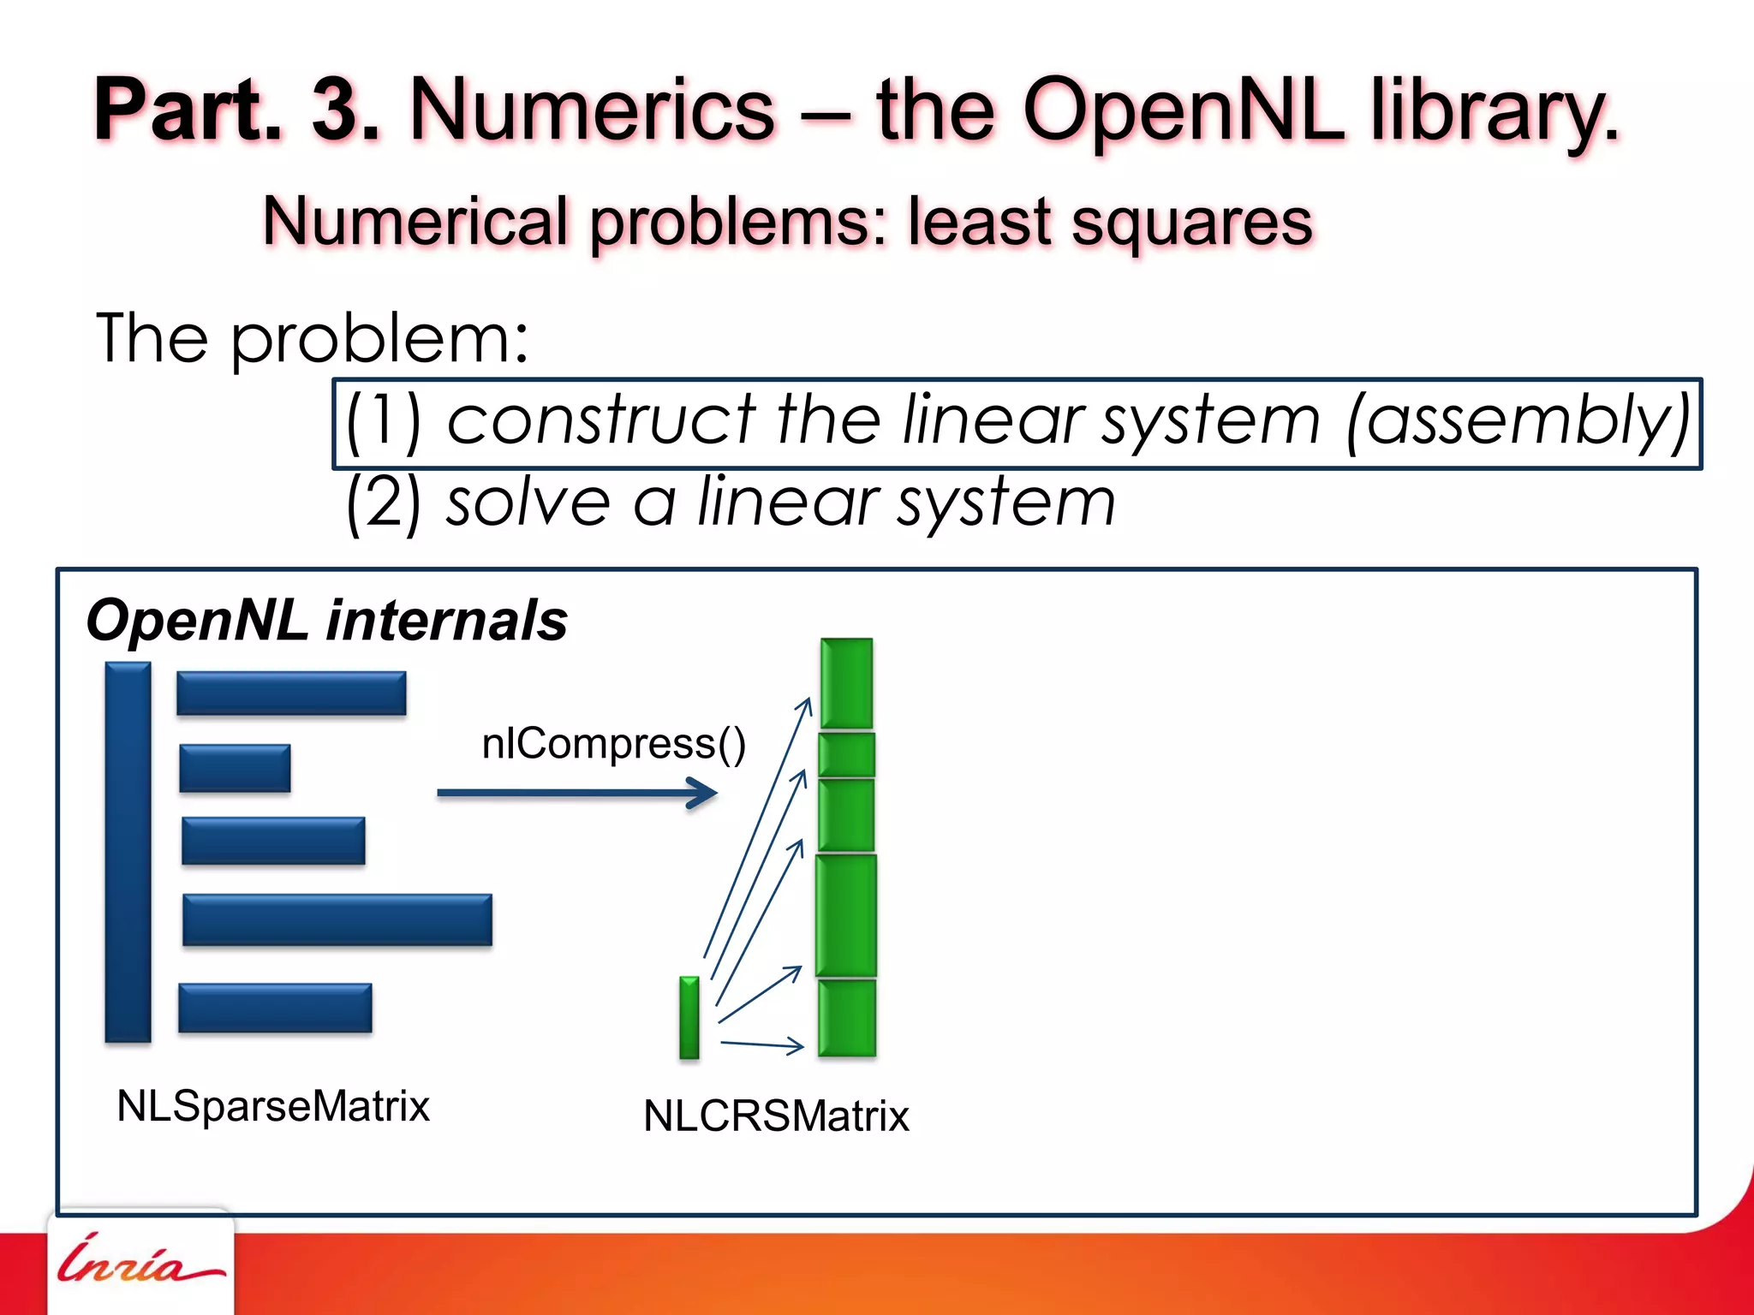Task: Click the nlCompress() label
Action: click(x=613, y=743)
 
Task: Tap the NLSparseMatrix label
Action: click(x=272, y=1105)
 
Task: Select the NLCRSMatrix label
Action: click(x=775, y=1116)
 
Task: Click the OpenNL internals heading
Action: click(x=326, y=620)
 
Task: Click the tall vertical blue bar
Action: click(x=128, y=852)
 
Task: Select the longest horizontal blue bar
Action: click(x=337, y=919)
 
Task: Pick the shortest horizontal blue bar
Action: click(x=235, y=768)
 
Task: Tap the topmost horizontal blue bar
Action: click(x=291, y=693)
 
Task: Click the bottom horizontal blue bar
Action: click(x=275, y=1008)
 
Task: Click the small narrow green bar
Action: click(x=689, y=1017)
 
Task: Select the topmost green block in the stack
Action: click(x=846, y=683)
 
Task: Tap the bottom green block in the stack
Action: click(x=846, y=1018)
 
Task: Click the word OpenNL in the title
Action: click(x=1183, y=110)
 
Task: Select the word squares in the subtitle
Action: click(x=1191, y=222)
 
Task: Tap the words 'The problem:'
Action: click(x=312, y=339)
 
